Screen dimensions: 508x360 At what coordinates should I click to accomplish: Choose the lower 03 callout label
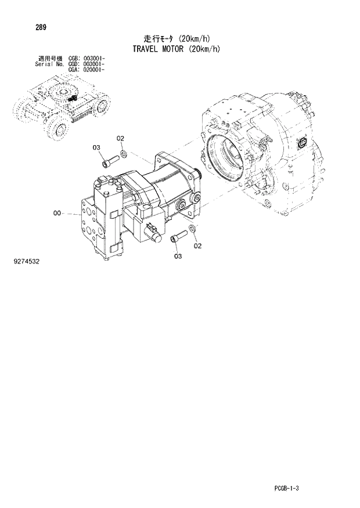[177, 256]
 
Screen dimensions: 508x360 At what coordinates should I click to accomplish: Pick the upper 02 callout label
[120, 138]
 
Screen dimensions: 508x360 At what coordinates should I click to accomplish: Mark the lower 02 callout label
[197, 246]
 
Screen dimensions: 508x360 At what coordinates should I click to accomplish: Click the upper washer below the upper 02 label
[124, 154]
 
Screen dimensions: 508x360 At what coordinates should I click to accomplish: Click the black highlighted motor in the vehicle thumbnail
[73, 99]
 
